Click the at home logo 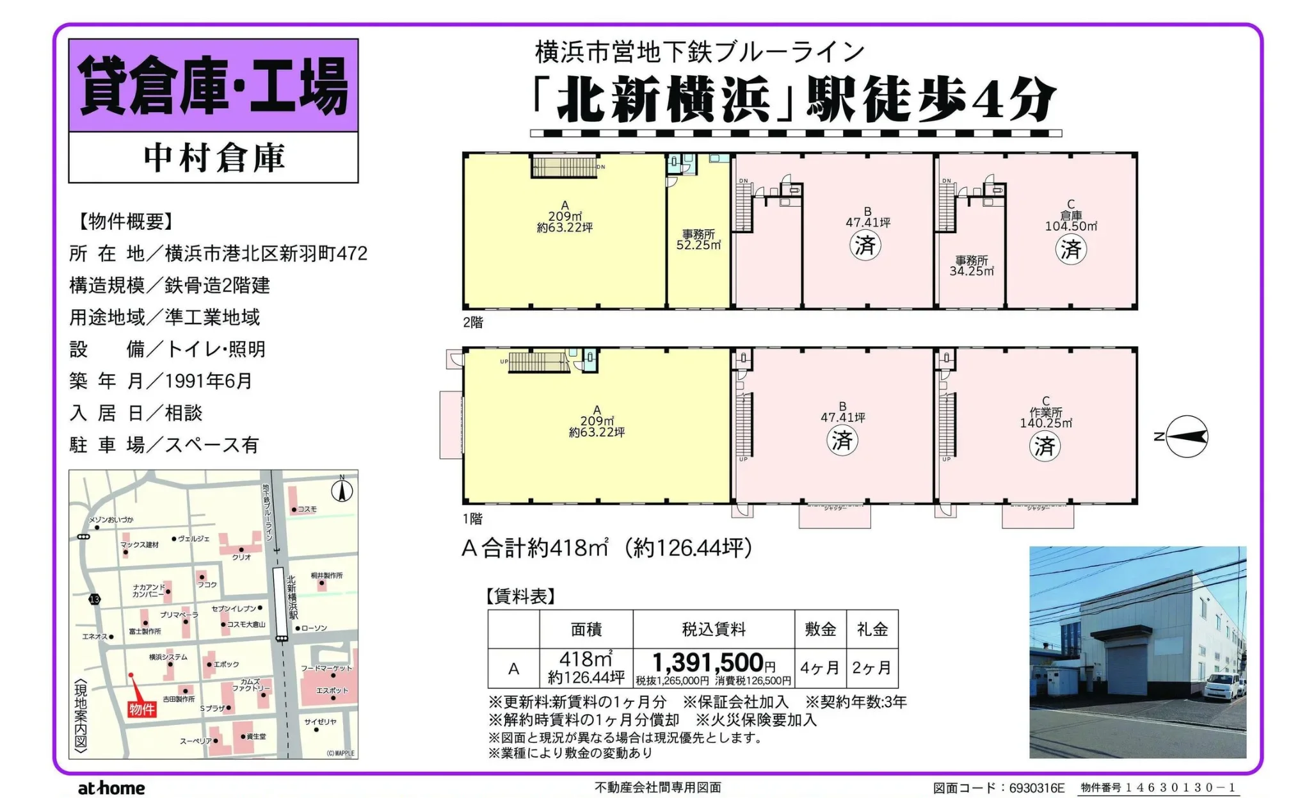[x=111, y=788]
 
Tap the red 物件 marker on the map [x=141, y=708]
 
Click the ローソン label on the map [x=314, y=628]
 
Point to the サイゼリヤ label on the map [x=320, y=722]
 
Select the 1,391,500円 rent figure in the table [x=713, y=663]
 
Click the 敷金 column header [x=820, y=630]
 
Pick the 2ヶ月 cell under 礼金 [x=871, y=668]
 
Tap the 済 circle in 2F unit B [x=865, y=245]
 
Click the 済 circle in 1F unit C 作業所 [x=1044, y=446]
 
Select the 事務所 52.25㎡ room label [x=698, y=240]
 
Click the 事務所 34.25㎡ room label [x=972, y=266]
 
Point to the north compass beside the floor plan [x=1185, y=437]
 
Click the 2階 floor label [x=473, y=323]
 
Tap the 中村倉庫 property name [x=214, y=158]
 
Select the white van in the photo [x=1221, y=687]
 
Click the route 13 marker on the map [x=95, y=599]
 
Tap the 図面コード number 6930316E [x=1036, y=788]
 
